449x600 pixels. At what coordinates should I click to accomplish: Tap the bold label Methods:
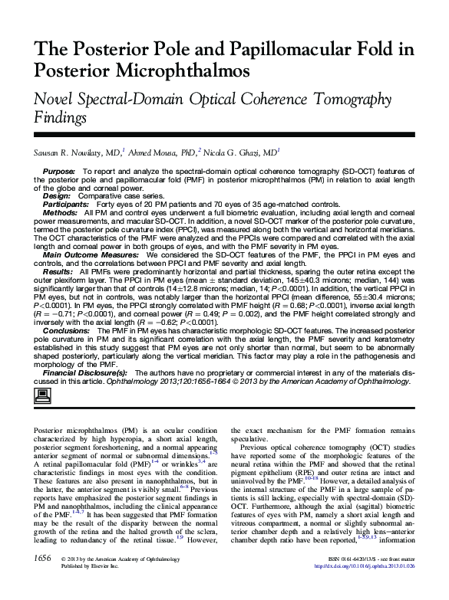point(58,212)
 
